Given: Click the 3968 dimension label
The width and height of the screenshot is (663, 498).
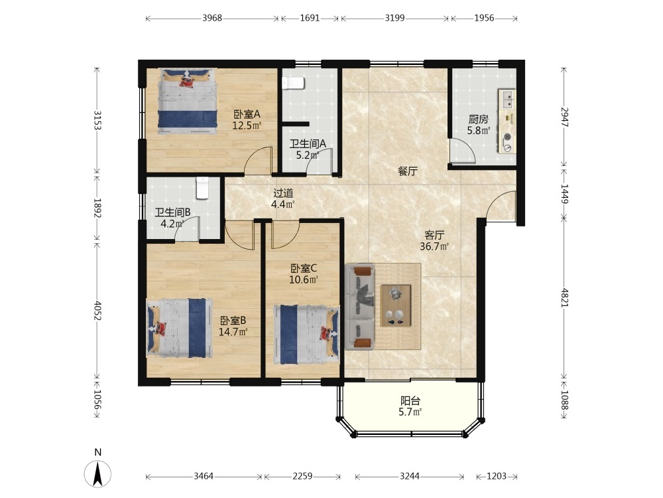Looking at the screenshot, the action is click(212, 18).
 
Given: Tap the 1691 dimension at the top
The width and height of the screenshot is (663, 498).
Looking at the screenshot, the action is click(310, 18).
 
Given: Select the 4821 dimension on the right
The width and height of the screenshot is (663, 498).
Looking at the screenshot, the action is click(565, 297).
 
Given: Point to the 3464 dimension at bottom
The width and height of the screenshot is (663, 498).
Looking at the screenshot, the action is click(204, 476).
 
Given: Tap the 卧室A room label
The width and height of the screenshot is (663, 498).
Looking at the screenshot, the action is click(247, 114).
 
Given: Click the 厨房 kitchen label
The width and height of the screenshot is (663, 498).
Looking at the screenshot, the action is click(478, 120).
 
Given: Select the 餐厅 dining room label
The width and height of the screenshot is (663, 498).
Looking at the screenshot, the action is click(408, 171).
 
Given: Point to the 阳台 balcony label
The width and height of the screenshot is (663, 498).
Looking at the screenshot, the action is click(410, 400).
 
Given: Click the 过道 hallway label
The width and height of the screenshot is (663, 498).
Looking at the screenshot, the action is click(283, 193).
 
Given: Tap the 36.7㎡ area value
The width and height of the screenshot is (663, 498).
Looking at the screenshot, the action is click(434, 246).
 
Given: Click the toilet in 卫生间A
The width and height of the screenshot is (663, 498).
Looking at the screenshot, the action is click(293, 83).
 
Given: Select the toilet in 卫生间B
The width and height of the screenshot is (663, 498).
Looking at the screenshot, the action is click(202, 188).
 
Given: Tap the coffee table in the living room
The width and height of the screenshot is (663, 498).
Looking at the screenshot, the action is click(396, 305).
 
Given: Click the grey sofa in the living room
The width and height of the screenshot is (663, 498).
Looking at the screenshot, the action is click(359, 307).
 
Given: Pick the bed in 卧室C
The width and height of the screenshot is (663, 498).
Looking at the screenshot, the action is click(306, 335).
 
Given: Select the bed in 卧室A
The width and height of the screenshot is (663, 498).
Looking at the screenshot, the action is click(188, 101).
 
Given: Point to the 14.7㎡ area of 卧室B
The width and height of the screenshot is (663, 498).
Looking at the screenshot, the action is click(233, 331).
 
